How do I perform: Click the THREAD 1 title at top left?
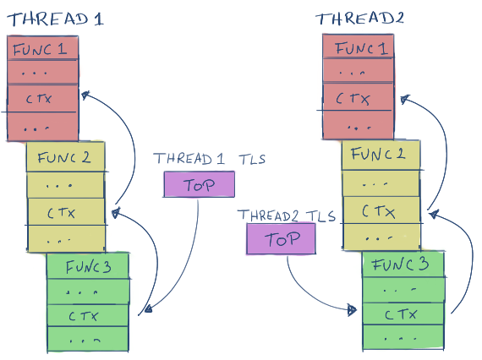pos(55,19)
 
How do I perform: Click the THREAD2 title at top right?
pos(359,19)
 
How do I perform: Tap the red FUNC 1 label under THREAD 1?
pos(40,49)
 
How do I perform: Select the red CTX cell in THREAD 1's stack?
pos(42,98)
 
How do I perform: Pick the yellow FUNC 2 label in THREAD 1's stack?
pos(64,157)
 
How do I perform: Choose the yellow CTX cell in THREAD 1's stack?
pos(66,212)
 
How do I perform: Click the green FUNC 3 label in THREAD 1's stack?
pos(88,267)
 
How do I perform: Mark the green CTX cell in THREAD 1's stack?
pos(88,315)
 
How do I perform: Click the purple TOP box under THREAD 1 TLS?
pos(200,184)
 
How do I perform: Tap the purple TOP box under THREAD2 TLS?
pos(281,239)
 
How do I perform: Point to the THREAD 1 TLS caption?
pos(209,159)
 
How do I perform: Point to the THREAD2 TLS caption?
pos(286,215)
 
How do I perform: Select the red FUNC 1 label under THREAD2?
pos(361,48)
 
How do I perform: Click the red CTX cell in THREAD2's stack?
pos(359,97)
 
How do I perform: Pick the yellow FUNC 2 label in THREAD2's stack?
pos(378,154)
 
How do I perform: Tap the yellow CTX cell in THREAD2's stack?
pos(381,210)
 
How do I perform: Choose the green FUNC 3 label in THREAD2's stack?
pos(400,265)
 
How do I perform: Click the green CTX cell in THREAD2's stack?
pos(403,314)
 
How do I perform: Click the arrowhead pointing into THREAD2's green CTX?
pos(352,310)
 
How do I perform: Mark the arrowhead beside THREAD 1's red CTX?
pos(85,95)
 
